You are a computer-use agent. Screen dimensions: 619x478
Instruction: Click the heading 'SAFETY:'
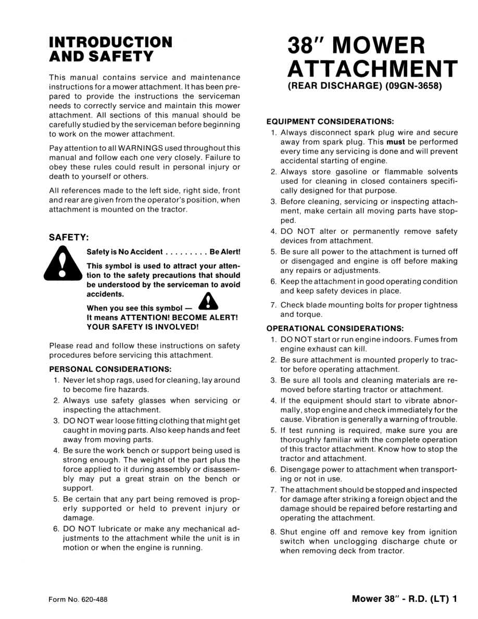tap(69, 237)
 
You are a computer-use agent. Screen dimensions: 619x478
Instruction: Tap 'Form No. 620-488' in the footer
tap(78, 599)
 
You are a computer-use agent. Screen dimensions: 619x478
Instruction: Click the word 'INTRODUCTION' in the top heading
tap(110, 42)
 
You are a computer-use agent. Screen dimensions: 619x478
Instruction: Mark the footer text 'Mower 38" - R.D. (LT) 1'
tap(405, 599)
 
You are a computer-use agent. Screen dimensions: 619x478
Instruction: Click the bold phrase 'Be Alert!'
tap(225, 252)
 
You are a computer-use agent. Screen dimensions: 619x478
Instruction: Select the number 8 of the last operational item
tap(273, 532)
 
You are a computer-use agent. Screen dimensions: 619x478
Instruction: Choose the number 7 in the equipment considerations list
tap(273, 305)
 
